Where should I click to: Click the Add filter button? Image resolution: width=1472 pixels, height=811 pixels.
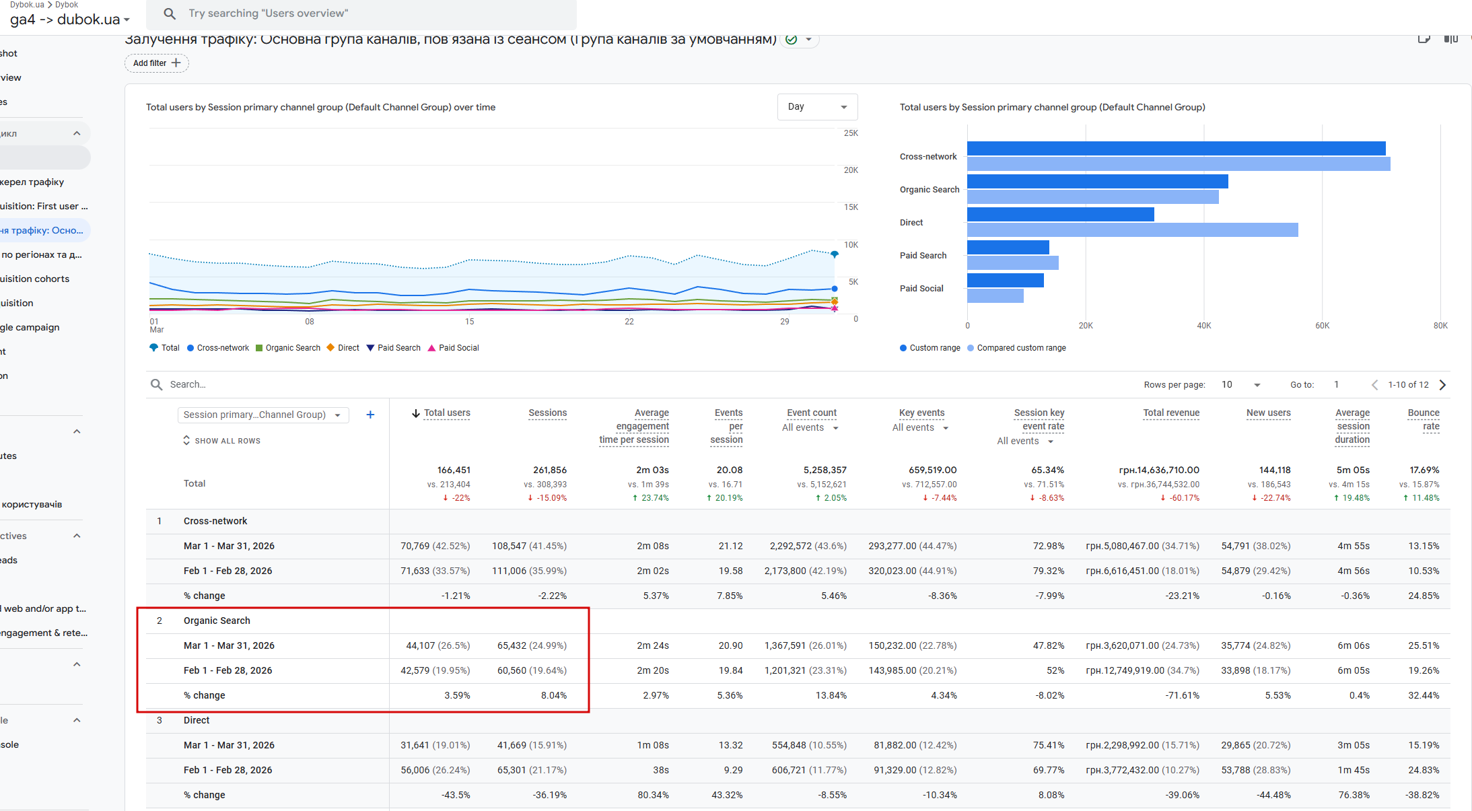[157, 63]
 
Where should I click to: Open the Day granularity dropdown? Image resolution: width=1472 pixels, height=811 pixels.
[816, 107]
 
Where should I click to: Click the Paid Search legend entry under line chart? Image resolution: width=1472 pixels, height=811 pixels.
[394, 348]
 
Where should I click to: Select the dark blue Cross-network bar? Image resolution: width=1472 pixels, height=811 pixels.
[1176, 149]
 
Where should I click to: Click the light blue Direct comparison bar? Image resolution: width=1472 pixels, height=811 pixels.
[1132, 230]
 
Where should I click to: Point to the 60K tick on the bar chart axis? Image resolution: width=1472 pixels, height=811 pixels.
[1322, 326]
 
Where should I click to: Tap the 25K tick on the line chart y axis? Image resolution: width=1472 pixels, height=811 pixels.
[851, 133]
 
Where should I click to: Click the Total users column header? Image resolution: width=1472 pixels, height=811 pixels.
[446, 413]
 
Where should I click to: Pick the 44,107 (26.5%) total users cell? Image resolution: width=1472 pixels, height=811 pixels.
[437, 645]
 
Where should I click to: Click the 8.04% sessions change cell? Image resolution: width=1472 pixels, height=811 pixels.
[553, 695]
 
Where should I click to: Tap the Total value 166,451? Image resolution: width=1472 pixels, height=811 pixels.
[454, 470]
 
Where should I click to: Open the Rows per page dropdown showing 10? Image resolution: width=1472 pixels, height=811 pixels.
[1240, 385]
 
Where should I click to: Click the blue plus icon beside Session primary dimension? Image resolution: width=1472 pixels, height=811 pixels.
[370, 415]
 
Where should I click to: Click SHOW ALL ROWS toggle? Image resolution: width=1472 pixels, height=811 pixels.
[222, 441]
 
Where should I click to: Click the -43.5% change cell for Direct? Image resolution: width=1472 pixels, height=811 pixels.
[456, 795]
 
